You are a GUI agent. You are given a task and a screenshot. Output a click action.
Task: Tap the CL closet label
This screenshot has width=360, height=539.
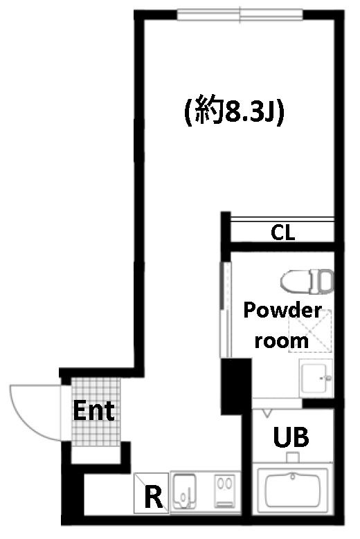pyautogui.click(x=282, y=232)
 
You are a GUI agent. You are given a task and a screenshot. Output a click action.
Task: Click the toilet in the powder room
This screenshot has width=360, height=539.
pyautogui.click(x=307, y=281)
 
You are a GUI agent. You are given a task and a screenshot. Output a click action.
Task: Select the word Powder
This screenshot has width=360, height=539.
pyautogui.click(x=282, y=310)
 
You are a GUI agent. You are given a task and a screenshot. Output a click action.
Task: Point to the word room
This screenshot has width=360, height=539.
pyautogui.click(x=281, y=340)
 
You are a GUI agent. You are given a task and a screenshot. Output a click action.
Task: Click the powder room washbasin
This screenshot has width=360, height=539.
pyautogui.click(x=316, y=378)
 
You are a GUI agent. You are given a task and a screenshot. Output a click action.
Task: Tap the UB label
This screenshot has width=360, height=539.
pyautogui.click(x=291, y=437)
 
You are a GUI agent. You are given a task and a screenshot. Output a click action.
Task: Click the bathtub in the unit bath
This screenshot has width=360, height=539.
pyautogui.click(x=293, y=488)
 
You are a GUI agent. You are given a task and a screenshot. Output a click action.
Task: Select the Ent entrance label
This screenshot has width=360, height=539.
pyautogui.click(x=93, y=410)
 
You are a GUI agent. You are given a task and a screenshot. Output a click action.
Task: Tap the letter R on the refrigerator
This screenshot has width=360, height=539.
pyautogui.click(x=154, y=496)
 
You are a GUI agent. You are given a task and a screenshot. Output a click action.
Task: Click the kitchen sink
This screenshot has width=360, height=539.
pyautogui.click(x=184, y=491)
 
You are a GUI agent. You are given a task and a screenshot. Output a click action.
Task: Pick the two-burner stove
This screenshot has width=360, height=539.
pyautogui.click(x=225, y=491)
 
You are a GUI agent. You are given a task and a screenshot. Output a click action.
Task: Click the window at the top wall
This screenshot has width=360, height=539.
pyautogui.click(x=240, y=15)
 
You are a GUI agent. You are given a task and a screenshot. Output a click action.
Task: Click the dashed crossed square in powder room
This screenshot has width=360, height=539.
pyautogui.click(x=310, y=331)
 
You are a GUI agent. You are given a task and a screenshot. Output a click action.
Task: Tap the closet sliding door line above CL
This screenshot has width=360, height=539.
pyautogui.click(x=282, y=219)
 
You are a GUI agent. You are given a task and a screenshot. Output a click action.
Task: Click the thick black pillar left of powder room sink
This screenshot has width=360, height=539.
pyautogui.click(x=236, y=386)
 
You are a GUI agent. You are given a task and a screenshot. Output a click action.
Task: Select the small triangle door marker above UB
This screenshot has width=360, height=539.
pyautogui.click(x=267, y=412)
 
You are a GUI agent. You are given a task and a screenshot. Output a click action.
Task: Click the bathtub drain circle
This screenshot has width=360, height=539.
pyautogui.click(x=293, y=477)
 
